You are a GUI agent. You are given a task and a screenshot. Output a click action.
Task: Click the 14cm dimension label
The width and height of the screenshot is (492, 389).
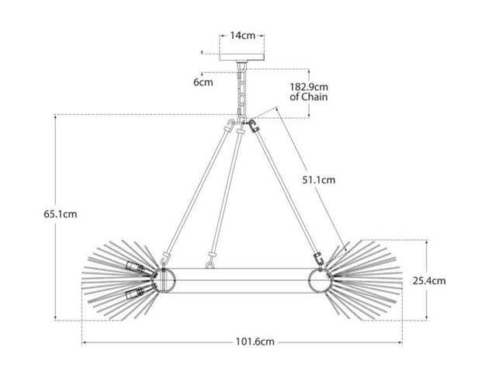pyautogui.click(x=243, y=35)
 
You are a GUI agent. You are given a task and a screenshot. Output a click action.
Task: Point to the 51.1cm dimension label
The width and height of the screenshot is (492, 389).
pyautogui.click(x=319, y=180)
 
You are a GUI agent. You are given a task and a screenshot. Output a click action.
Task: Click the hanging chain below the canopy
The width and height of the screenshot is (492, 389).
pyautogui.click(x=243, y=91)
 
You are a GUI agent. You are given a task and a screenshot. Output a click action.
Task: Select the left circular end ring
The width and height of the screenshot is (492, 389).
pyautogui.click(x=165, y=280)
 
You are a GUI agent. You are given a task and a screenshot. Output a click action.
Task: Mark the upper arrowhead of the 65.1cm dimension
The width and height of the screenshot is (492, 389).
pyautogui.click(x=57, y=117)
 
